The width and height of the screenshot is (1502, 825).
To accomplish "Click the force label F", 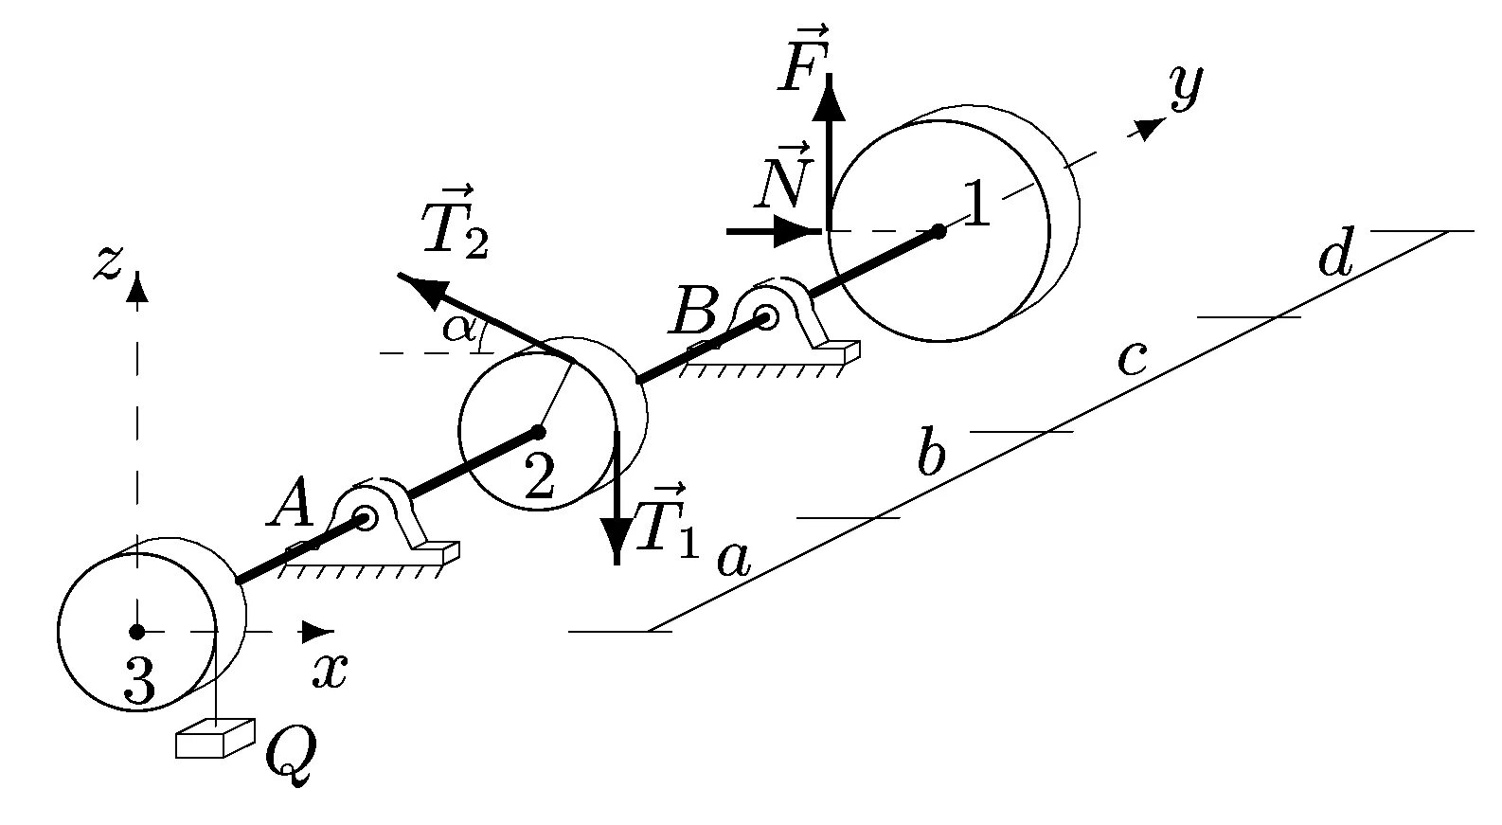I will [x=802, y=68].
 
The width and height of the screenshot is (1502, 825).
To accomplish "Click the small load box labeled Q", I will [x=214, y=739].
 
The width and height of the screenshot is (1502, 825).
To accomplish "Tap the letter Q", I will [x=289, y=755].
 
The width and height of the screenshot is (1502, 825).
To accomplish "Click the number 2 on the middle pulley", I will [x=539, y=476].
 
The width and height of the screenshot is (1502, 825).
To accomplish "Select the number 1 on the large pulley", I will [x=975, y=203].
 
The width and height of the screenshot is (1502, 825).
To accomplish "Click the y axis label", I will [x=1186, y=87].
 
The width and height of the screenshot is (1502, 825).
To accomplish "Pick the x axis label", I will [x=330, y=670].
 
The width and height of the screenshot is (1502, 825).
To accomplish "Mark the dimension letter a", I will [x=733, y=559].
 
